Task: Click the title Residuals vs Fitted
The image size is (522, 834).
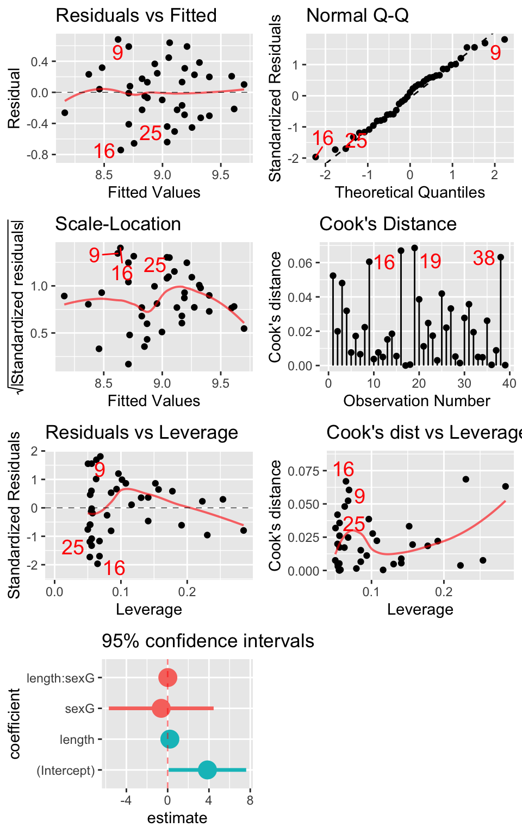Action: pyautogui.click(x=136, y=15)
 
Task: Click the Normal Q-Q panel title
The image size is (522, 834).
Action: pyautogui.click(x=357, y=15)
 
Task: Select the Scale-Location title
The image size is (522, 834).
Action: pyautogui.click(x=118, y=224)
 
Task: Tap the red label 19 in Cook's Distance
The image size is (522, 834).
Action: pyautogui.click(x=430, y=262)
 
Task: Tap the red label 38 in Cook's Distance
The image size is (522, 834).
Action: pyautogui.click(x=483, y=258)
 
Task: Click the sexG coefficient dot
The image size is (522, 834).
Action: pyautogui.click(x=161, y=708)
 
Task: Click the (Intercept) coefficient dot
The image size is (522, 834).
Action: pyautogui.click(x=207, y=769)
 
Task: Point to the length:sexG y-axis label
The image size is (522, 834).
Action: pyautogui.click(x=60, y=678)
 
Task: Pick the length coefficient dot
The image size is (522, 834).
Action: pyautogui.click(x=170, y=739)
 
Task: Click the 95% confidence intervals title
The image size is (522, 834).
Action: pyautogui.click(x=208, y=641)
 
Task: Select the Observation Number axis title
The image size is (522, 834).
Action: pyautogui.click(x=417, y=401)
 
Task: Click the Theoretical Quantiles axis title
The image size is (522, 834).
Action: pyautogui.click(x=409, y=192)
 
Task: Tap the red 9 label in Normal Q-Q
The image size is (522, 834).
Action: pyautogui.click(x=495, y=53)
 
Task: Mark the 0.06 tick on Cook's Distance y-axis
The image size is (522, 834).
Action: pyautogui.click(x=300, y=263)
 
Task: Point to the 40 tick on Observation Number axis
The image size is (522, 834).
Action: pyautogui.click(x=509, y=383)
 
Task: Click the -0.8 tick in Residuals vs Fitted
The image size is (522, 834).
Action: pyautogui.click(x=39, y=155)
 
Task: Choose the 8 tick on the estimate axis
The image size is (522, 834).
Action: pyautogui.click(x=250, y=800)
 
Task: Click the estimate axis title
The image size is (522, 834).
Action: pyautogui.click(x=177, y=818)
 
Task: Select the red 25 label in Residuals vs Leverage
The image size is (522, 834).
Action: pyautogui.click(x=73, y=548)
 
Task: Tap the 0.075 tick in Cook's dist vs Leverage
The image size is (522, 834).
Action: pyautogui.click(x=303, y=471)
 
